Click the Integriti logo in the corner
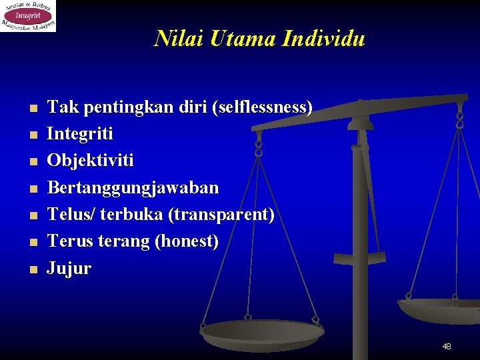[28, 15]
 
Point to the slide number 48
[446, 346]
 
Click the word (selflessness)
[262, 107]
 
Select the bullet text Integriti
[80, 133]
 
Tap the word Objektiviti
[90, 161]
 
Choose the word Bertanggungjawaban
[133, 188]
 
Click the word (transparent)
[221, 215]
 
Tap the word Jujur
[69, 269]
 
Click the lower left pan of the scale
[262, 331]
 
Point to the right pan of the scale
[440, 309]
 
